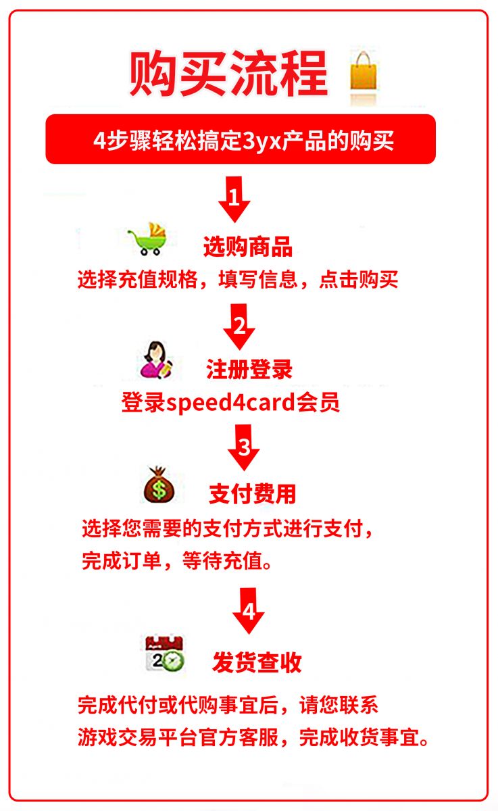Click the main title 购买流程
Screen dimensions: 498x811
coord(228,74)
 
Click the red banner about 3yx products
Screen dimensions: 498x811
coord(241,139)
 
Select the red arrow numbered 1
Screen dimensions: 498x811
coord(234,199)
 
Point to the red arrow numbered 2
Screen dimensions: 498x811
coord(239,326)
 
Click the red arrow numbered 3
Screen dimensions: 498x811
coord(243,447)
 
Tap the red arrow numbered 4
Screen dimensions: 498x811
coord(248,611)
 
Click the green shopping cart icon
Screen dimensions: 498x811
coord(148,239)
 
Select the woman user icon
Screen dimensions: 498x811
coord(156,360)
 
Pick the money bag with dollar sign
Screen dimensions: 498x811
coord(159,485)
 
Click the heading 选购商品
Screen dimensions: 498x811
coord(248,247)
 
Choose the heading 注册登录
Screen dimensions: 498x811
coord(249,369)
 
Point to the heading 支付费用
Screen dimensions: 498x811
coord(252,494)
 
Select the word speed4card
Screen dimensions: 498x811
coord(231,402)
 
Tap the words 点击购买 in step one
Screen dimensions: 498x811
coord(359,280)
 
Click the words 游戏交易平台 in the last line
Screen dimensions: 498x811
coord(139,737)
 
